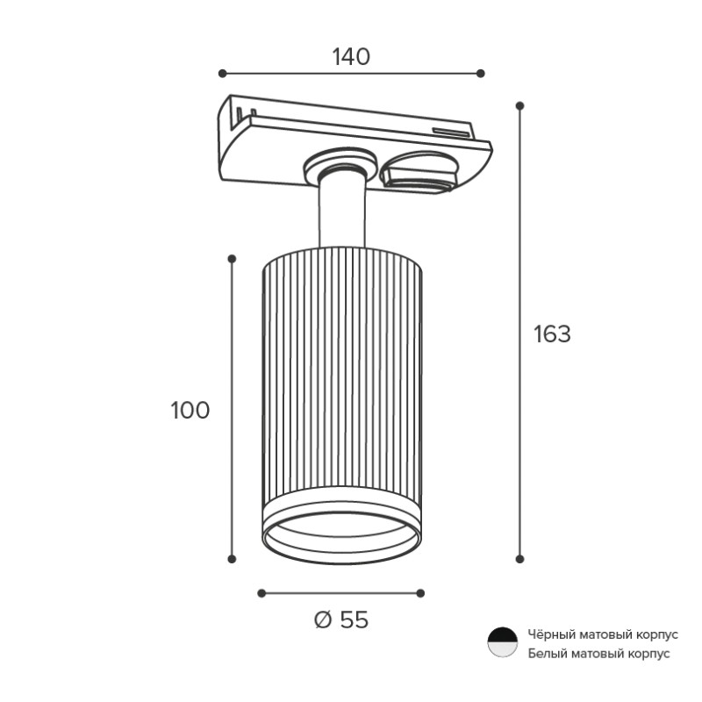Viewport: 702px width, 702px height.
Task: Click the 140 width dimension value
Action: [351, 57]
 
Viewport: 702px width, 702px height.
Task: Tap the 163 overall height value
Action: [552, 334]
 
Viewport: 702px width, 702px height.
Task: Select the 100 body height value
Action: [190, 410]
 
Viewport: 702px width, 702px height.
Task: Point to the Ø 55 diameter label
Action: [341, 620]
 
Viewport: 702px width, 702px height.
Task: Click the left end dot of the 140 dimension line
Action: [223, 74]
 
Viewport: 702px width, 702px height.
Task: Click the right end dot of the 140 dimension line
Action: [480, 74]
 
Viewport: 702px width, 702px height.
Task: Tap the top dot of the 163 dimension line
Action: [519, 105]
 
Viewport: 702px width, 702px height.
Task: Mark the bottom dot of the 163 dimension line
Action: [519, 559]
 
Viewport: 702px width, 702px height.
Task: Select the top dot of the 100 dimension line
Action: [232, 259]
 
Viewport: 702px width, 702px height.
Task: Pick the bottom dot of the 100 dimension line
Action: [232, 559]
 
